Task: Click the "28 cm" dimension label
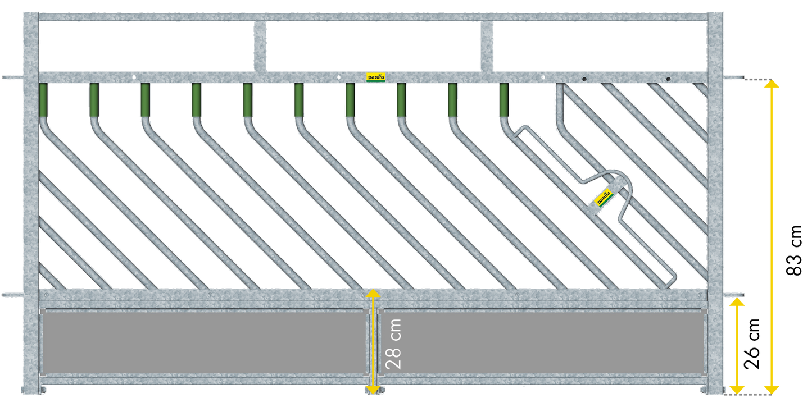pyautogui.click(x=394, y=344)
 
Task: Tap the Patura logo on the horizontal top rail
pyautogui.click(x=376, y=77)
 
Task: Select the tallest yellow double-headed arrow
pyautogui.click(x=772, y=236)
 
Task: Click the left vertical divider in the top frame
pyautogui.click(x=261, y=46)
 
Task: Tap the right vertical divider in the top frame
pyautogui.click(x=487, y=46)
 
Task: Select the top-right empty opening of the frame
pyautogui.click(x=600, y=46)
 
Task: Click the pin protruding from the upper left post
pyautogui.click(x=11, y=77)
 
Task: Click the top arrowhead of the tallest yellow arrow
pyautogui.click(x=772, y=84)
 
